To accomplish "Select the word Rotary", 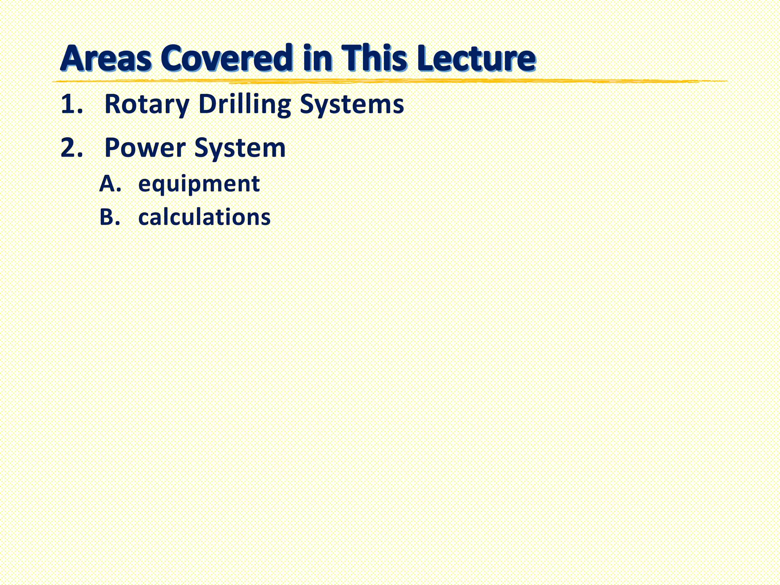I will pos(147,104).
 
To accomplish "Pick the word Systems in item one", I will pos(352,104).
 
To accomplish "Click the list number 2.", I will pos(71,148).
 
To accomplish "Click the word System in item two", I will pos(240,148).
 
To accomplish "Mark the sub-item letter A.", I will pos(110,184).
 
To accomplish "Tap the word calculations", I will pos(204,217).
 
